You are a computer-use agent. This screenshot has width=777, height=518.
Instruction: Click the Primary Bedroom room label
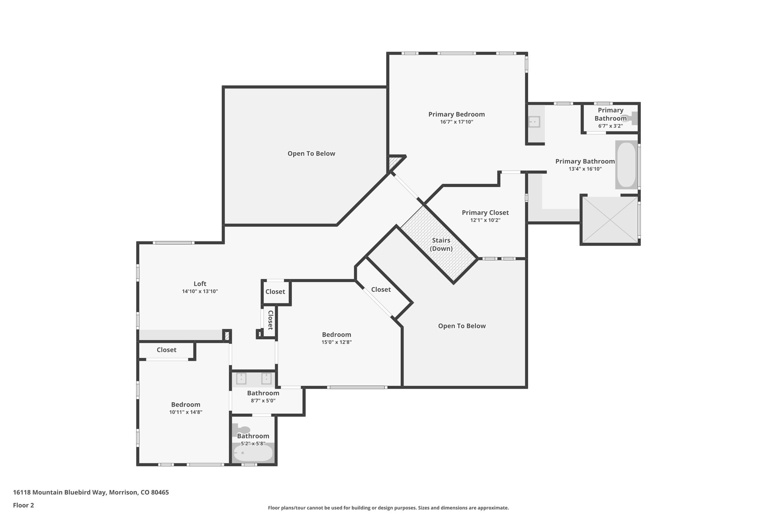coord(456,114)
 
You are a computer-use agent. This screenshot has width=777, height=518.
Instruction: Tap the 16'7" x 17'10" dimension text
coord(456,122)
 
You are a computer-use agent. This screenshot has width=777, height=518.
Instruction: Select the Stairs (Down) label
coord(441,244)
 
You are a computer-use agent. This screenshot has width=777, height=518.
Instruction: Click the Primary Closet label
coord(485,213)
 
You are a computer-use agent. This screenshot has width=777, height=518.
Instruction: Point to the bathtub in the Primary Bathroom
coord(626,165)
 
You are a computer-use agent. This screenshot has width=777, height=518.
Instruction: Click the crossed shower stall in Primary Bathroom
coord(610,219)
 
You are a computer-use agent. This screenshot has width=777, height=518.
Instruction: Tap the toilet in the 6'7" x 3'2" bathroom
coord(633,118)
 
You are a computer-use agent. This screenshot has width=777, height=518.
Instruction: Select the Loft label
coord(200,283)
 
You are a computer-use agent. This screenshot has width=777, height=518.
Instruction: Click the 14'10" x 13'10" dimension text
coord(200,291)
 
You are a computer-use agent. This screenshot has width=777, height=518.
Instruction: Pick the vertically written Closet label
coord(271,320)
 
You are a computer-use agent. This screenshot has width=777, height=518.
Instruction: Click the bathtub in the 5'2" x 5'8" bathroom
coord(253,453)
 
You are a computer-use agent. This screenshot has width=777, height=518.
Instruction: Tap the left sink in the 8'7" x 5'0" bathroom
coord(241,379)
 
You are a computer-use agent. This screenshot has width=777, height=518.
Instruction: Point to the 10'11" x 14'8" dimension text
coord(186,412)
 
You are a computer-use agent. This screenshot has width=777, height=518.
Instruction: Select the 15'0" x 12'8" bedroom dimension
coord(337,342)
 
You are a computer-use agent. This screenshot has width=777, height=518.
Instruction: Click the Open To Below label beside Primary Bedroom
coord(311,154)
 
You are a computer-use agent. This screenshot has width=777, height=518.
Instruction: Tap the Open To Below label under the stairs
coord(462,326)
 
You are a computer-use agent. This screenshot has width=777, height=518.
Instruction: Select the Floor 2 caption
coord(24,505)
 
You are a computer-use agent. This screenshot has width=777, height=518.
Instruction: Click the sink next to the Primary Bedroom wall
coord(534,122)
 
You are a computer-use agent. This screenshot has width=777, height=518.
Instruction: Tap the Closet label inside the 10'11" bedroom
coord(167,350)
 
